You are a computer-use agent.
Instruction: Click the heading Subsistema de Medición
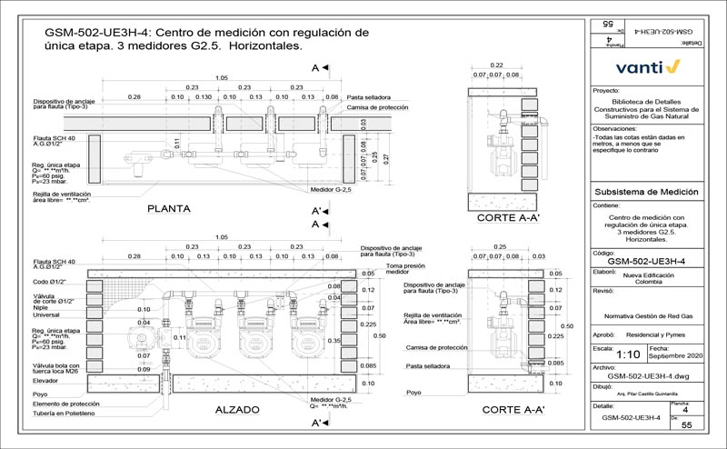(x=645, y=193)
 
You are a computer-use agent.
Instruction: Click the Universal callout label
(x=46, y=315)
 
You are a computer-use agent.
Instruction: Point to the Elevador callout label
(x=45, y=382)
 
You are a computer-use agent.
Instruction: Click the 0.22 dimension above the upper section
(x=497, y=65)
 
